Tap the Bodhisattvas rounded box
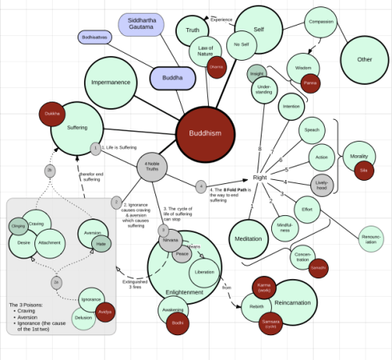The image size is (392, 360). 98,37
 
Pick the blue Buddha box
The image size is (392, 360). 172,78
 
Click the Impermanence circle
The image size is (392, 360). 111,82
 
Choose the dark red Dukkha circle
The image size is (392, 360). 53,114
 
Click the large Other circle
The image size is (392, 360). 364,59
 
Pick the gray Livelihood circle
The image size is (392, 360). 321,186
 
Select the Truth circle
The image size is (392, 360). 193,31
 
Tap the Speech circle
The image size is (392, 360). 312,130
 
